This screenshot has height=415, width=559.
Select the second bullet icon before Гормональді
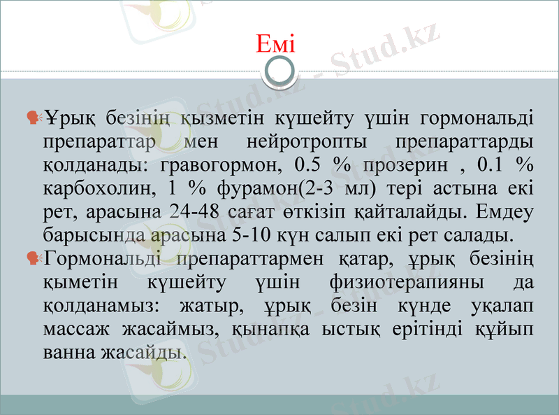[x=33, y=258]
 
